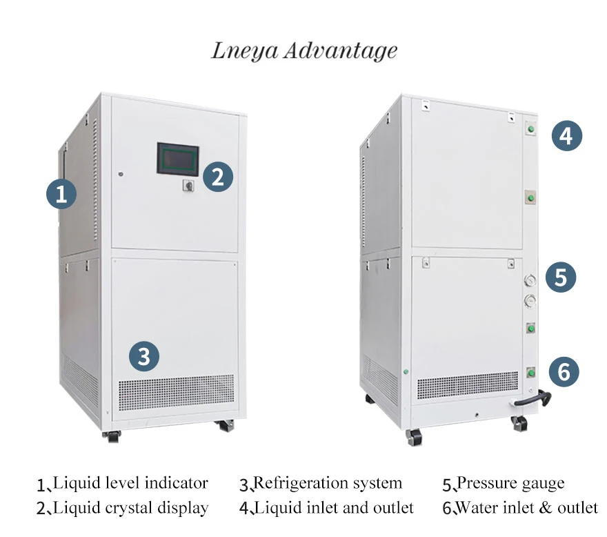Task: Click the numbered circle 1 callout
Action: coord(61,194)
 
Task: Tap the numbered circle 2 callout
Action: coord(218,177)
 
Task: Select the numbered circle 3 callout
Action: coord(144,356)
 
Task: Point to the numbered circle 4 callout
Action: coord(567,135)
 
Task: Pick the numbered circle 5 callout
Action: coord(561,277)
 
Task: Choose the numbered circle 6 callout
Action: coord(564,372)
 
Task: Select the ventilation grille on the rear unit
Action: coord(467,385)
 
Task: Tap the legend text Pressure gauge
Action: coord(510,483)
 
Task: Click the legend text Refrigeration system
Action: coord(328,483)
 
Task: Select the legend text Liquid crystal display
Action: coord(130,508)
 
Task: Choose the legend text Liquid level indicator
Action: coord(130,483)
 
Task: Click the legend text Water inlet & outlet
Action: coord(528,508)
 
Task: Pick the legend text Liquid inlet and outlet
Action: coord(335,508)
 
